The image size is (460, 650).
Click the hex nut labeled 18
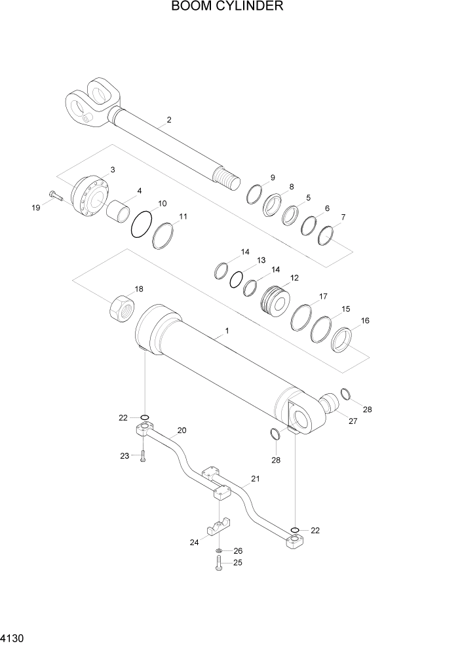[122, 306]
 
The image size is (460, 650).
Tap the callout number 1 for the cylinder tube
[226, 331]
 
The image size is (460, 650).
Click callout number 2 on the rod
[168, 120]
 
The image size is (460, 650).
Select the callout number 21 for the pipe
[255, 479]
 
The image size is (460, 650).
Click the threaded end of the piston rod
[225, 179]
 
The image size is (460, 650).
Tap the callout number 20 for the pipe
[182, 430]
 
